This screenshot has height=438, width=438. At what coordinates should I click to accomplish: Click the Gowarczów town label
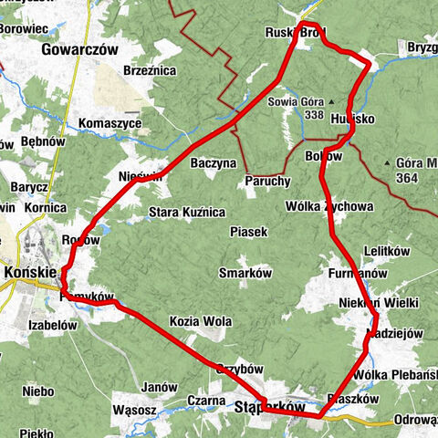80,51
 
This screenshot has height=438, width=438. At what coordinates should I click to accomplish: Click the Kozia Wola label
200,322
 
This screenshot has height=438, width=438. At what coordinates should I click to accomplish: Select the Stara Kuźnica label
186,212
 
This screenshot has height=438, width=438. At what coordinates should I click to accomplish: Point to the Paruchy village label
267,182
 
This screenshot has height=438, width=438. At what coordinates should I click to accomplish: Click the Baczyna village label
214,163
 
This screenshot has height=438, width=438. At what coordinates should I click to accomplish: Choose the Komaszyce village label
109,122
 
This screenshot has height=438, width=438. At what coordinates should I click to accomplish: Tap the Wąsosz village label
135,411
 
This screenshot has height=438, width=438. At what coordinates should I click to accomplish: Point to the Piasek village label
248,232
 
